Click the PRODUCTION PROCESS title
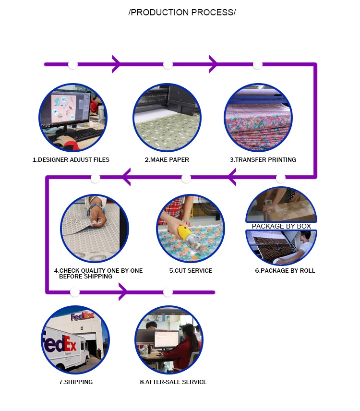(x=182, y=12)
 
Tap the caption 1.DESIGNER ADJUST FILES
(x=71, y=159)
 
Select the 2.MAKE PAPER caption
(x=167, y=159)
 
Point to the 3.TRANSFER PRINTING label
(x=263, y=159)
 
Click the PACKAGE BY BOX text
(x=281, y=226)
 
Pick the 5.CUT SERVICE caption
(x=191, y=270)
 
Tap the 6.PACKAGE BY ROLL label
(x=285, y=270)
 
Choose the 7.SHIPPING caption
(x=76, y=382)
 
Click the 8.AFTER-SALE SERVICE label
(x=173, y=382)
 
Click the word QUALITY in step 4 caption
(x=93, y=270)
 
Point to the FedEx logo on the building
(x=82, y=316)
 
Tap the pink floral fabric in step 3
(x=258, y=129)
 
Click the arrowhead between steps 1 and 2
(x=116, y=64)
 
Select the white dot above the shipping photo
(x=75, y=292)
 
